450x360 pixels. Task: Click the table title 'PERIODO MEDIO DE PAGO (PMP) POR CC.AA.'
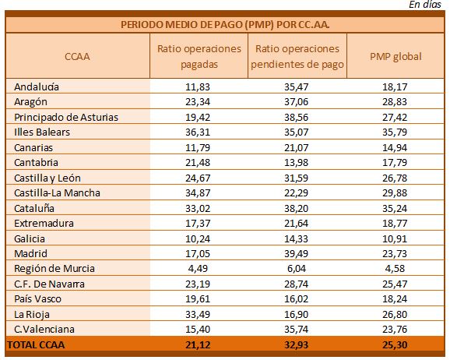[225, 25]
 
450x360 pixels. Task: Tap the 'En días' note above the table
[425, 5]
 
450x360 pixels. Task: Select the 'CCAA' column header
[77, 56]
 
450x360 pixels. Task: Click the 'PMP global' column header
[396, 56]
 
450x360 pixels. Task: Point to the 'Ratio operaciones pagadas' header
[199, 56]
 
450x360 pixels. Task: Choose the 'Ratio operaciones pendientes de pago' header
[297, 56]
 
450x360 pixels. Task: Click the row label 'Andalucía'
[37, 86]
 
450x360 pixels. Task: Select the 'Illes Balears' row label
[42, 132]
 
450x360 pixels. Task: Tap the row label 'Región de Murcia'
[54, 269]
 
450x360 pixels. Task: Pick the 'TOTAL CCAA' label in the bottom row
[36, 344]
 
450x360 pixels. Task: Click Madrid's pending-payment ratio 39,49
[296, 254]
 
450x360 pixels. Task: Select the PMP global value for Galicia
[395, 238]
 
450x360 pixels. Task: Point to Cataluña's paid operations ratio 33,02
[198, 208]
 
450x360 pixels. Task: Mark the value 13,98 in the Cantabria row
[296, 163]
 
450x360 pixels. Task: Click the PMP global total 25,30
[395, 344]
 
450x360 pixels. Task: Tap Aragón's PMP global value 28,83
[395, 102]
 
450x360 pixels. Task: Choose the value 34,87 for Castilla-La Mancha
[198, 192]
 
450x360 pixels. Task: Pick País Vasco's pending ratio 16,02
[296, 298]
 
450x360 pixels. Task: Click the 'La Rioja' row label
[32, 314]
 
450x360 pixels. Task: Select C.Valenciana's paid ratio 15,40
[198, 330]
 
